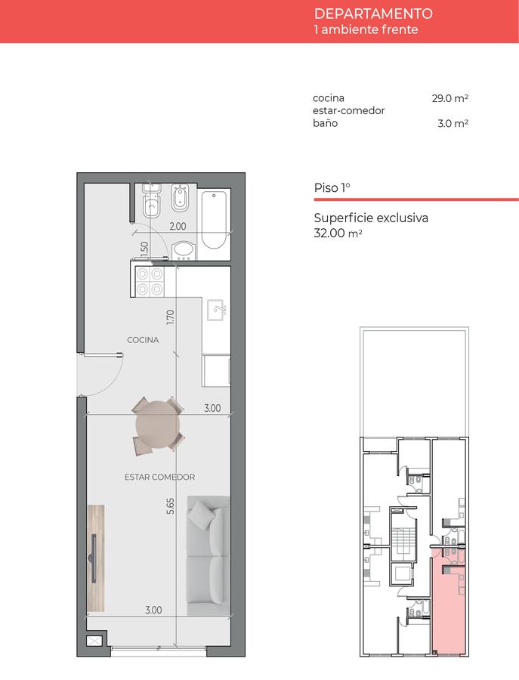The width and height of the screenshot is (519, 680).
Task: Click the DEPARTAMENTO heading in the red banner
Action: click(373, 14)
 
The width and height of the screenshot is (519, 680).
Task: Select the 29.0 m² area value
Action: click(449, 98)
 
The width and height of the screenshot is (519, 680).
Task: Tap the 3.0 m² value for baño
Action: click(453, 123)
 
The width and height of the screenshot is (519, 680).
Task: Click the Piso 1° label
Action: click(332, 188)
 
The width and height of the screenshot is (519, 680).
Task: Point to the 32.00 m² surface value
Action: click(338, 233)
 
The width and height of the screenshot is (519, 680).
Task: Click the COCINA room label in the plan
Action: click(143, 340)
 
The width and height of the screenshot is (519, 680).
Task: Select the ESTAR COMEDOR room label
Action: click(159, 477)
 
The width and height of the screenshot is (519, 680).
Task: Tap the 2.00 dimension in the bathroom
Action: click(178, 226)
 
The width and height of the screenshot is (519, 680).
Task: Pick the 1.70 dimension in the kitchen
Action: click(170, 317)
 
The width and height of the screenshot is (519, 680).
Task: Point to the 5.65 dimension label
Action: click(171, 506)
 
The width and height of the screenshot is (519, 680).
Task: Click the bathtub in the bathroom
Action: click(214, 220)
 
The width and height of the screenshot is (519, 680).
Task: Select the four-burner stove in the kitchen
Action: click(150, 282)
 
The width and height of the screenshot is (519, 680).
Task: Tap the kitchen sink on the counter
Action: click(215, 310)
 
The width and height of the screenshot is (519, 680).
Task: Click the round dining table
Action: click(157, 425)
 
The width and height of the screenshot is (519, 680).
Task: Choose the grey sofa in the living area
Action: click(208, 556)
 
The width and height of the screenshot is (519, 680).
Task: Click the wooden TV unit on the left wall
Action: click(96, 558)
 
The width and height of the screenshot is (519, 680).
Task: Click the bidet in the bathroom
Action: click(180, 197)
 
